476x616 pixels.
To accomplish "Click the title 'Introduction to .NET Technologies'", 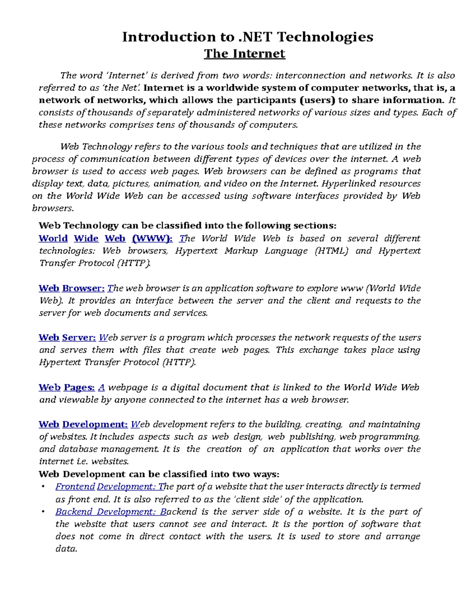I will coord(248,37).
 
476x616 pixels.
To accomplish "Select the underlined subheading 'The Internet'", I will coord(244,54).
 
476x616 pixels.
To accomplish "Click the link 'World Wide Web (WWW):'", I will coord(106,238).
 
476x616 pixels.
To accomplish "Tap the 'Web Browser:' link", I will coord(72,288).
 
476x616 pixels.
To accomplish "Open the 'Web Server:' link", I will coord(67,338).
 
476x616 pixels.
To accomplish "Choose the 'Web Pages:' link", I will coord(66,387).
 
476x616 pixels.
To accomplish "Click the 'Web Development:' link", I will coord(83,424).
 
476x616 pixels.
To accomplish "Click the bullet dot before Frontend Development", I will coord(43,487).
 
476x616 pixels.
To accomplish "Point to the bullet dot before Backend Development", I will coord(43,512).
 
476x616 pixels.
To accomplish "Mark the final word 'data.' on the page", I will coord(66,549).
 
